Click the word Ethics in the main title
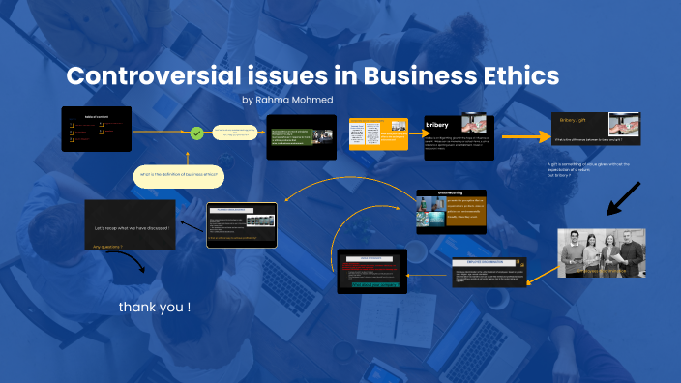[x=512, y=77]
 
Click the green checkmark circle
[x=196, y=133]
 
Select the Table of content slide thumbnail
[x=97, y=128]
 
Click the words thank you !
[x=155, y=307]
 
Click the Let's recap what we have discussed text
[x=133, y=228]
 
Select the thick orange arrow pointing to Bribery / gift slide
[x=523, y=137]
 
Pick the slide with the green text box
[x=301, y=137]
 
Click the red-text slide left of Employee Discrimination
[x=371, y=271]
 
